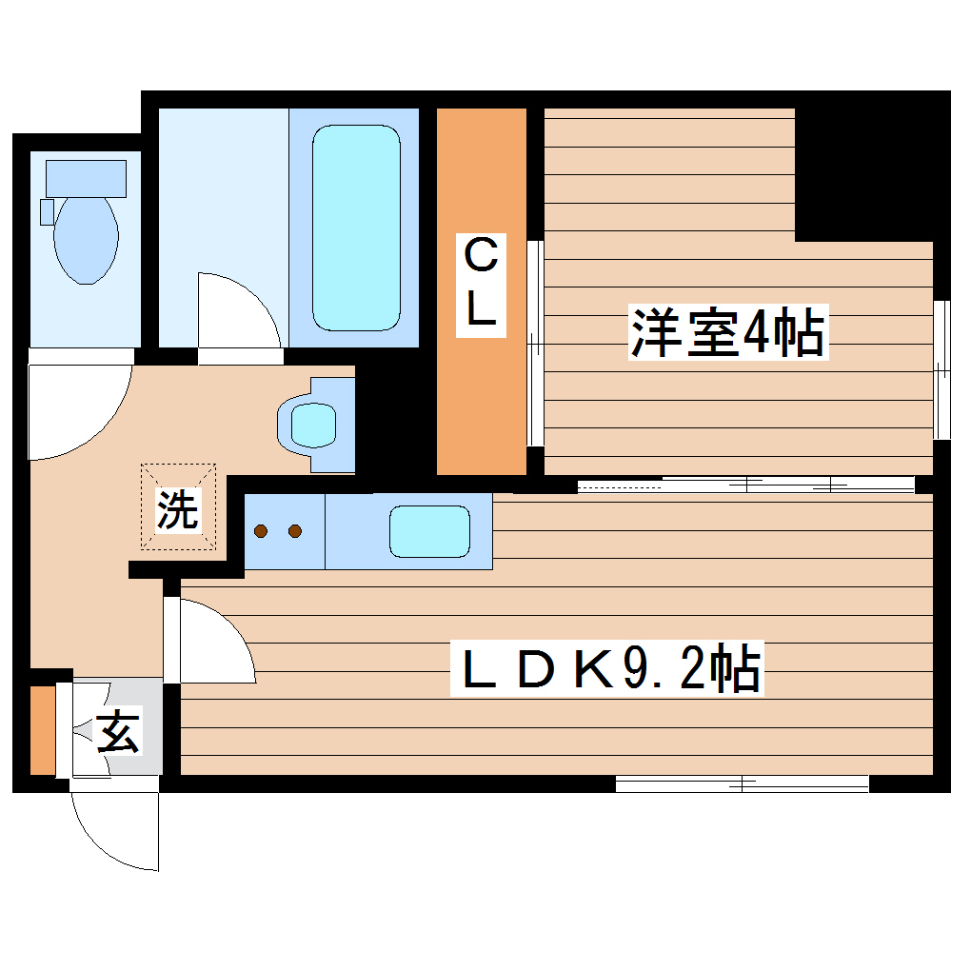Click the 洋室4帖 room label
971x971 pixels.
point(727,332)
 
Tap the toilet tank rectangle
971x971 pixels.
point(86,178)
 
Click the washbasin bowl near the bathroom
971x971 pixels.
point(313,425)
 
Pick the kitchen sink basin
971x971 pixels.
point(429,531)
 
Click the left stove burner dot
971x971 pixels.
point(262,531)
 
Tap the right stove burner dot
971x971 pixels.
point(294,531)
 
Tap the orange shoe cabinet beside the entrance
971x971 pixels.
point(41,729)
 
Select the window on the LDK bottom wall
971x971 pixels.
point(742,783)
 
